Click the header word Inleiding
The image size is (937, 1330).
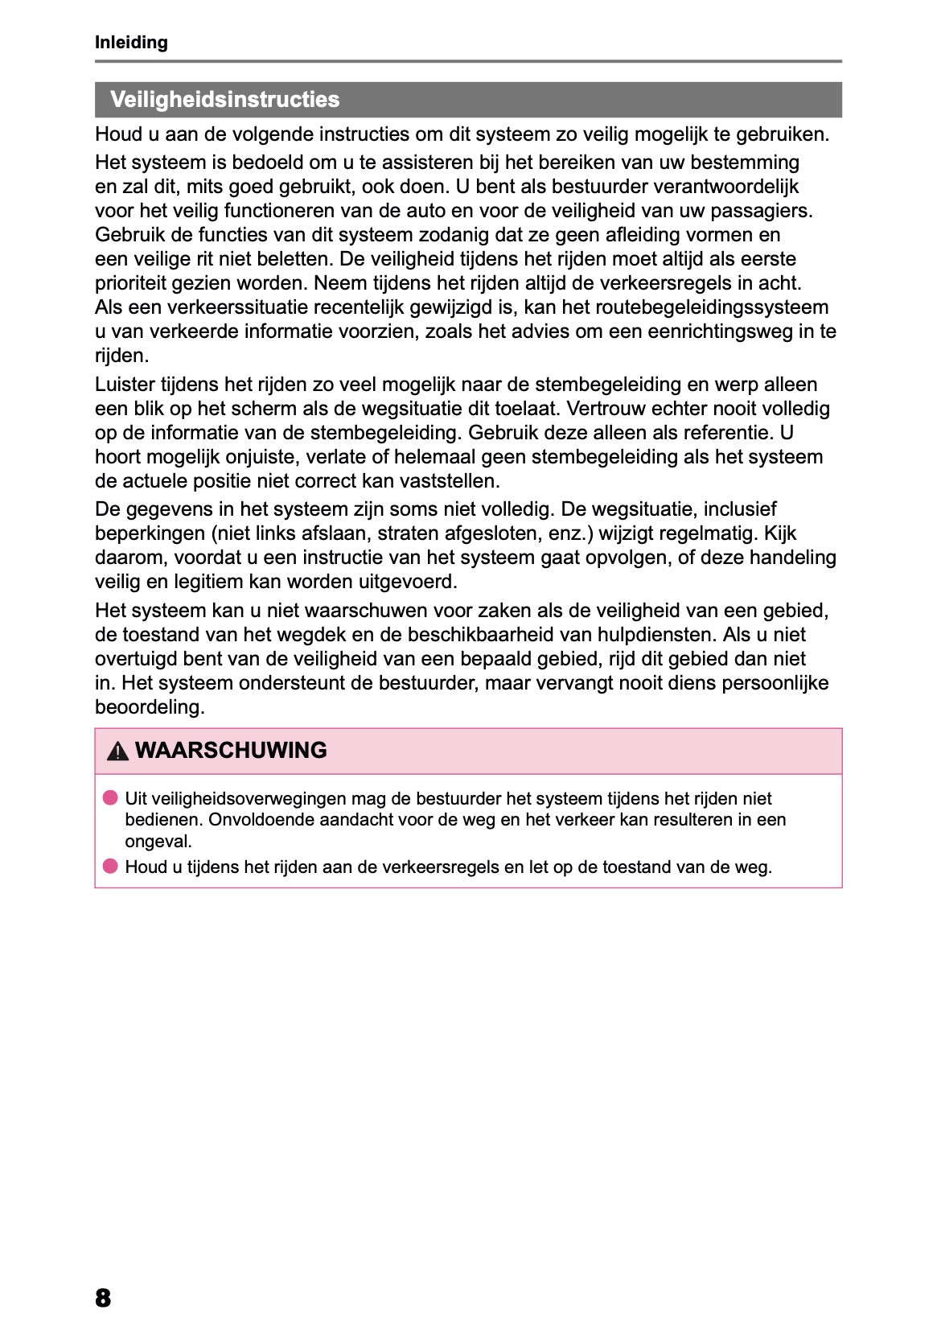click(131, 43)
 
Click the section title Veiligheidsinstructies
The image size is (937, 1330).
click(224, 100)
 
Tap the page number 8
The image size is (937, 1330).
click(103, 1298)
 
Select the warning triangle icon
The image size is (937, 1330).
click(117, 751)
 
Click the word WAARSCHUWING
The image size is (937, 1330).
click(231, 751)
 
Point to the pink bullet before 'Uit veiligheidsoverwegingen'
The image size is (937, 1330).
click(110, 798)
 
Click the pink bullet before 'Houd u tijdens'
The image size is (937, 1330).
click(110, 867)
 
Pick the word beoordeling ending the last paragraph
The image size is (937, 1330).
click(149, 707)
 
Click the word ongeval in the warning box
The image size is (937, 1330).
click(158, 842)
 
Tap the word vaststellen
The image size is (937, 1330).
click(455, 481)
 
